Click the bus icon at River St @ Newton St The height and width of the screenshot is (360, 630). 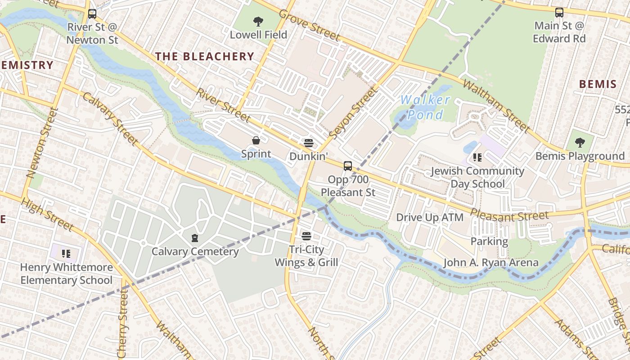coord(92,14)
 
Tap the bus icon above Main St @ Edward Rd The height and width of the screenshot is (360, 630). coord(559,13)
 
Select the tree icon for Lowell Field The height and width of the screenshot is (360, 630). coord(258,21)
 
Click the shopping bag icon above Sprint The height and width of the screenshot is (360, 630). coord(256,141)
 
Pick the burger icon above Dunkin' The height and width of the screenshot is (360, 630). coord(308,143)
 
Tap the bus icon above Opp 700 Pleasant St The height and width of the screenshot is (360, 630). coord(347,166)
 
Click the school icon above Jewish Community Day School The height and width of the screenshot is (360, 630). coord(477,157)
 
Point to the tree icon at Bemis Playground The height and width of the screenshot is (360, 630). coord(580,143)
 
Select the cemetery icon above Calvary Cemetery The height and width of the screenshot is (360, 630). coord(195,238)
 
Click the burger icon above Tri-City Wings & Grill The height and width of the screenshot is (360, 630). coord(306,236)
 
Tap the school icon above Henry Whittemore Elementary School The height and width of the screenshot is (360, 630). coord(66,254)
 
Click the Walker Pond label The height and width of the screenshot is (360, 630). coord(425,107)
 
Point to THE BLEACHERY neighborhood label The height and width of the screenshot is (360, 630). coord(205,56)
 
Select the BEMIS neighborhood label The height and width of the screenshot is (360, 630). coord(598,84)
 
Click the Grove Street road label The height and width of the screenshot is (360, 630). coord(309,25)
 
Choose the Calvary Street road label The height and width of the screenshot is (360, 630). coord(110,119)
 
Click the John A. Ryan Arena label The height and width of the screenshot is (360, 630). coord(491,262)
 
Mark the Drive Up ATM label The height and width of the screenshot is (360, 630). coord(429,217)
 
